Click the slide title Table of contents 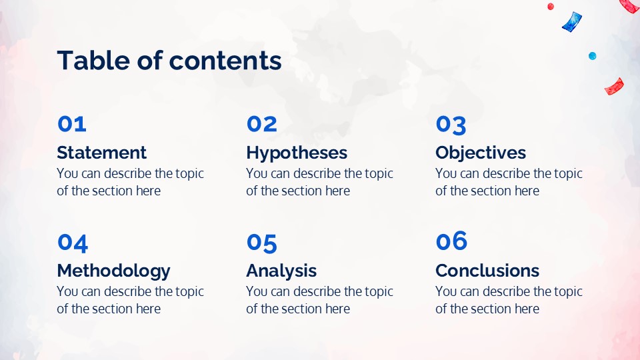pyautogui.click(x=169, y=61)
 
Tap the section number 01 pyautogui.click(x=72, y=124)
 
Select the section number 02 pyautogui.click(x=261, y=124)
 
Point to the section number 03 pyautogui.click(x=451, y=125)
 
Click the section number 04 pyautogui.click(x=73, y=243)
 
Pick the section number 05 pyautogui.click(x=261, y=243)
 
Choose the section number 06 pyautogui.click(x=451, y=241)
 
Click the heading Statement pyautogui.click(x=101, y=153)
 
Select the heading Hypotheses pyautogui.click(x=297, y=153)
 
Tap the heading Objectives pyautogui.click(x=481, y=153)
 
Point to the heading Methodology pyautogui.click(x=113, y=271)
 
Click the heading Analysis pyautogui.click(x=281, y=271)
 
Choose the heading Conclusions pyautogui.click(x=487, y=271)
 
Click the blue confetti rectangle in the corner pyautogui.click(x=572, y=21)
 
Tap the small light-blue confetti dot pyautogui.click(x=592, y=56)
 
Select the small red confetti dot pyautogui.click(x=551, y=7)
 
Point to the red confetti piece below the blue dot pyautogui.click(x=614, y=87)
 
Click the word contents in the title pyautogui.click(x=225, y=61)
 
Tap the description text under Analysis pyautogui.click(x=319, y=300)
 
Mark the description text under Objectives pyautogui.click(x=509, y=182)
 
